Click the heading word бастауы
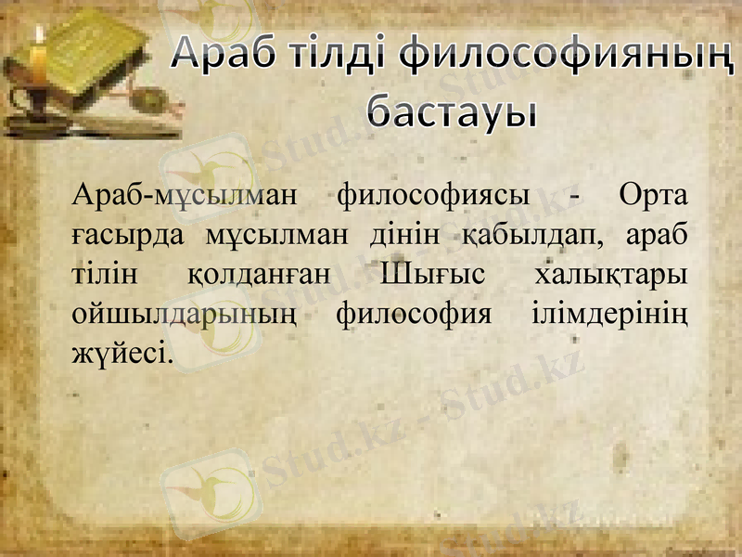[452, 111]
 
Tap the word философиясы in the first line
[433, 197]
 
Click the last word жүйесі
[121, 354]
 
